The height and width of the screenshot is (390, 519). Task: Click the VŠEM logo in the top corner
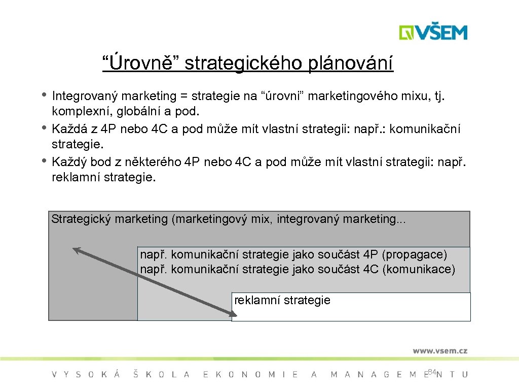point(433,32)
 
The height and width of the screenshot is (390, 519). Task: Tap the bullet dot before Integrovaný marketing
point(45,94)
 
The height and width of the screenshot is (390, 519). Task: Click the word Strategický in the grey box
point(82,219)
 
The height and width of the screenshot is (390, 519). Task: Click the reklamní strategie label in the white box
point(282,300)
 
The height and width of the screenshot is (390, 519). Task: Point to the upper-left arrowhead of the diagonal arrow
point(76,249)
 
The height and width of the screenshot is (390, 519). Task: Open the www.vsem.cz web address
point(439,351)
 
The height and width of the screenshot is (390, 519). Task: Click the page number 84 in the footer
point(432,372)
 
